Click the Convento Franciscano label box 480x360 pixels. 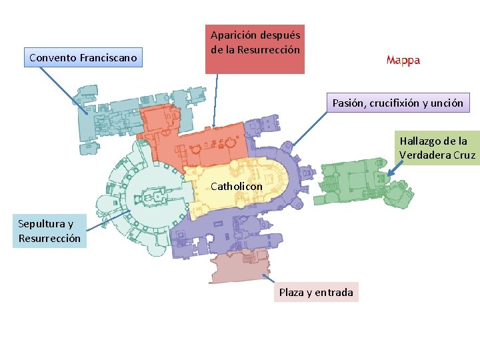click(83, 58)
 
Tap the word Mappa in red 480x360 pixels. click(403, 61)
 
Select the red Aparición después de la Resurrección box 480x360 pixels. click(255, 49)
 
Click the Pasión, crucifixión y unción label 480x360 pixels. click(398, 103)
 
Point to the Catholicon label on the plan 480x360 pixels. click(236, 187)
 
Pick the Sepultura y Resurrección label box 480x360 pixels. click(49, 231)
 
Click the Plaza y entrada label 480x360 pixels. click(315, 292)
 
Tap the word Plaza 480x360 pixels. click(291, 292)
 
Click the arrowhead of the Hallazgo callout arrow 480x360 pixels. click(389, 175)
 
